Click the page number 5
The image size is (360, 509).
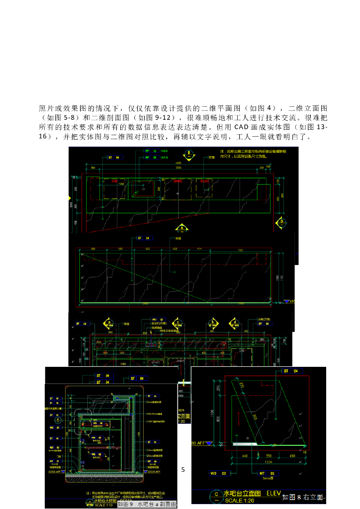[x=183, y=469]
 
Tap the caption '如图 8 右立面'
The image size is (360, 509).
[x=302, y=497]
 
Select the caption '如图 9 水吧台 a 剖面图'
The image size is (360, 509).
[x=147, y=504]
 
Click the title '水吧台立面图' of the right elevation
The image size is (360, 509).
[x=242, y=493]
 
